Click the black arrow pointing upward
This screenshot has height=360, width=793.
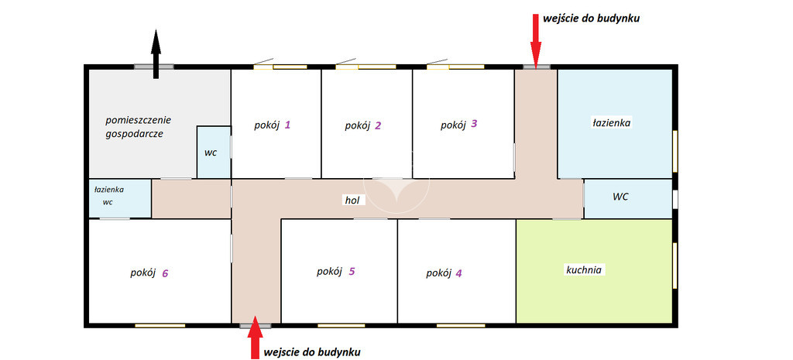click(156, 54)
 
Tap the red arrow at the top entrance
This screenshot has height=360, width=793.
click(536, 39)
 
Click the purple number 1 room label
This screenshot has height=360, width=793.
click(287, 125)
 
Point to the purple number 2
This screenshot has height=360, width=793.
click(378, 126)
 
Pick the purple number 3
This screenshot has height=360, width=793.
click(473, 123)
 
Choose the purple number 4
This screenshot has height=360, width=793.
click(458, 273)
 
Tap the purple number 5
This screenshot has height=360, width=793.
click(352, 271)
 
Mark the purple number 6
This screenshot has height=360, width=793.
click(165, 273)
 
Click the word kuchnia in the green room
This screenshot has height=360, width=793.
click(583, 270)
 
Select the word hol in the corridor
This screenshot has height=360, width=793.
click(352, 201)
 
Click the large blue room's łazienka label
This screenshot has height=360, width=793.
click(612, 122)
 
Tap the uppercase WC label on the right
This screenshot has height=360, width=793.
click(620, 197)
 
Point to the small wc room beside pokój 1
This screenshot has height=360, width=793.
click(214, 153)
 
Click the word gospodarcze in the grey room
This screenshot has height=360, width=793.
click(135, 135)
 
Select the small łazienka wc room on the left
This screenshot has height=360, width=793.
click(120, 199)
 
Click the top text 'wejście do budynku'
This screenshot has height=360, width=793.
click(592, 19)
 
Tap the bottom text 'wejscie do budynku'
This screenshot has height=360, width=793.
click(312, 351)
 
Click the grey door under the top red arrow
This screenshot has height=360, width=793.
click(537, 67)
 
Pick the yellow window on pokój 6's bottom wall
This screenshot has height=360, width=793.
click(160, 325)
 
